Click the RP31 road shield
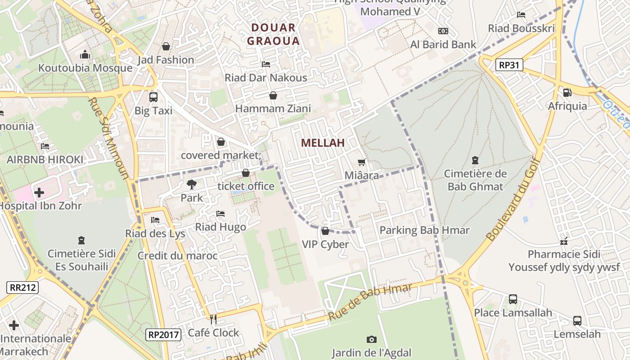coord(509,65)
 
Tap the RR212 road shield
coord(22,288)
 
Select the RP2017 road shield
coord(164,334)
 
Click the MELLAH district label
coord(323,143)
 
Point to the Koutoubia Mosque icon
coord(85,55)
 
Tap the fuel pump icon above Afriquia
coord(567,93)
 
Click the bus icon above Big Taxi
coord(153,97)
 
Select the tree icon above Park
coord(191,184)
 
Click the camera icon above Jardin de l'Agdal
coord(371,339)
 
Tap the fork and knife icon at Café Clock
coord(213,319)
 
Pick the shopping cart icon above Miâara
coord(361,162)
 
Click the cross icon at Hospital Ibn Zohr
coord(39,193)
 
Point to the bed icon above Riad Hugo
coord(220,214)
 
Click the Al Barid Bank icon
coord(443,31)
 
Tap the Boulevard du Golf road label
coord(513,205)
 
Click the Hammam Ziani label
coord(273,108)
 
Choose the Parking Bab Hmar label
coord(424,230)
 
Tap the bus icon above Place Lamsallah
coord(513,299)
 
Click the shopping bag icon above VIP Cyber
coord(325,231)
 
